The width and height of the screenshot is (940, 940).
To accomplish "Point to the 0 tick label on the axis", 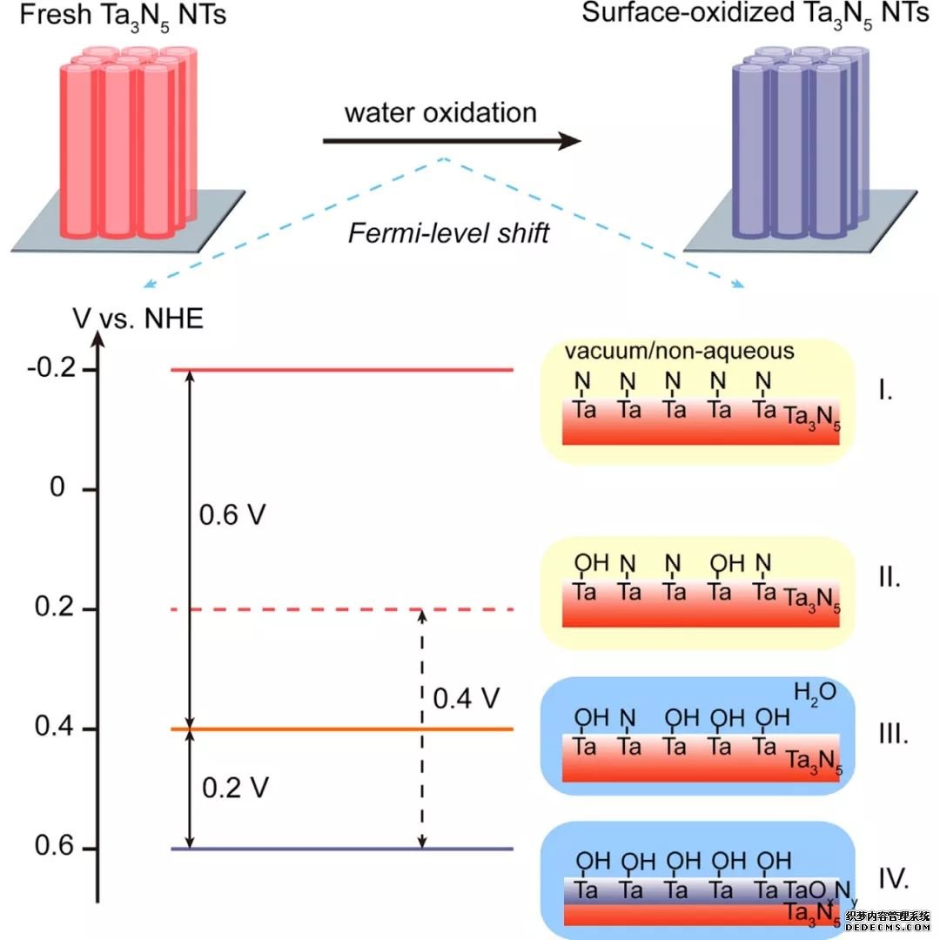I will pos(58,489).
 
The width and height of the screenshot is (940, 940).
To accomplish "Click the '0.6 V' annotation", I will pos(232,515).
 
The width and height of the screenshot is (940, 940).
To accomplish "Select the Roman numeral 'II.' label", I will pos(890,577).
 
